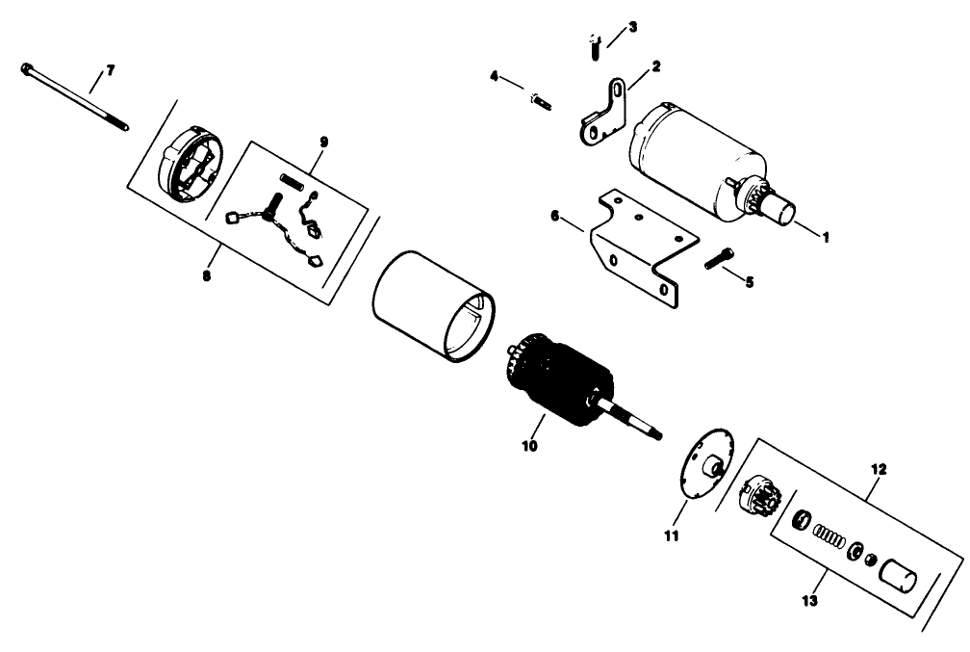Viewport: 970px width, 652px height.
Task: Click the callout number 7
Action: pyautogui.click(x=110, y=70)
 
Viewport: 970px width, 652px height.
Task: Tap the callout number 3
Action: pyautogui.click(x=631, y=27)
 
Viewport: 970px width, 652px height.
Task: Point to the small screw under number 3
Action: pyautogui.click(x=594, y=41)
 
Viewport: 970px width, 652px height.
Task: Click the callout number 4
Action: pyautogui.click(x=494, y=75)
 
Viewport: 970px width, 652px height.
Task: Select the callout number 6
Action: pyautogui.click(x=554, y=218)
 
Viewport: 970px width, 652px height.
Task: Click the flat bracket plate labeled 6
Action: pyautogui.click(x=640, y=241)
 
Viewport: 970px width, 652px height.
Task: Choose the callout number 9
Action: pyautogui.click(x=323, y=143)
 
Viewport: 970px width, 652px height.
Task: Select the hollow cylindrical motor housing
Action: pyautogui.click(x=433, y=304)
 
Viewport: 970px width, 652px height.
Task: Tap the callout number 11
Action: pyautogui.click(x=671, y=535)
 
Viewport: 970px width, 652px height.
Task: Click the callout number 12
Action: pyautogui.click(x=880, y=470)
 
